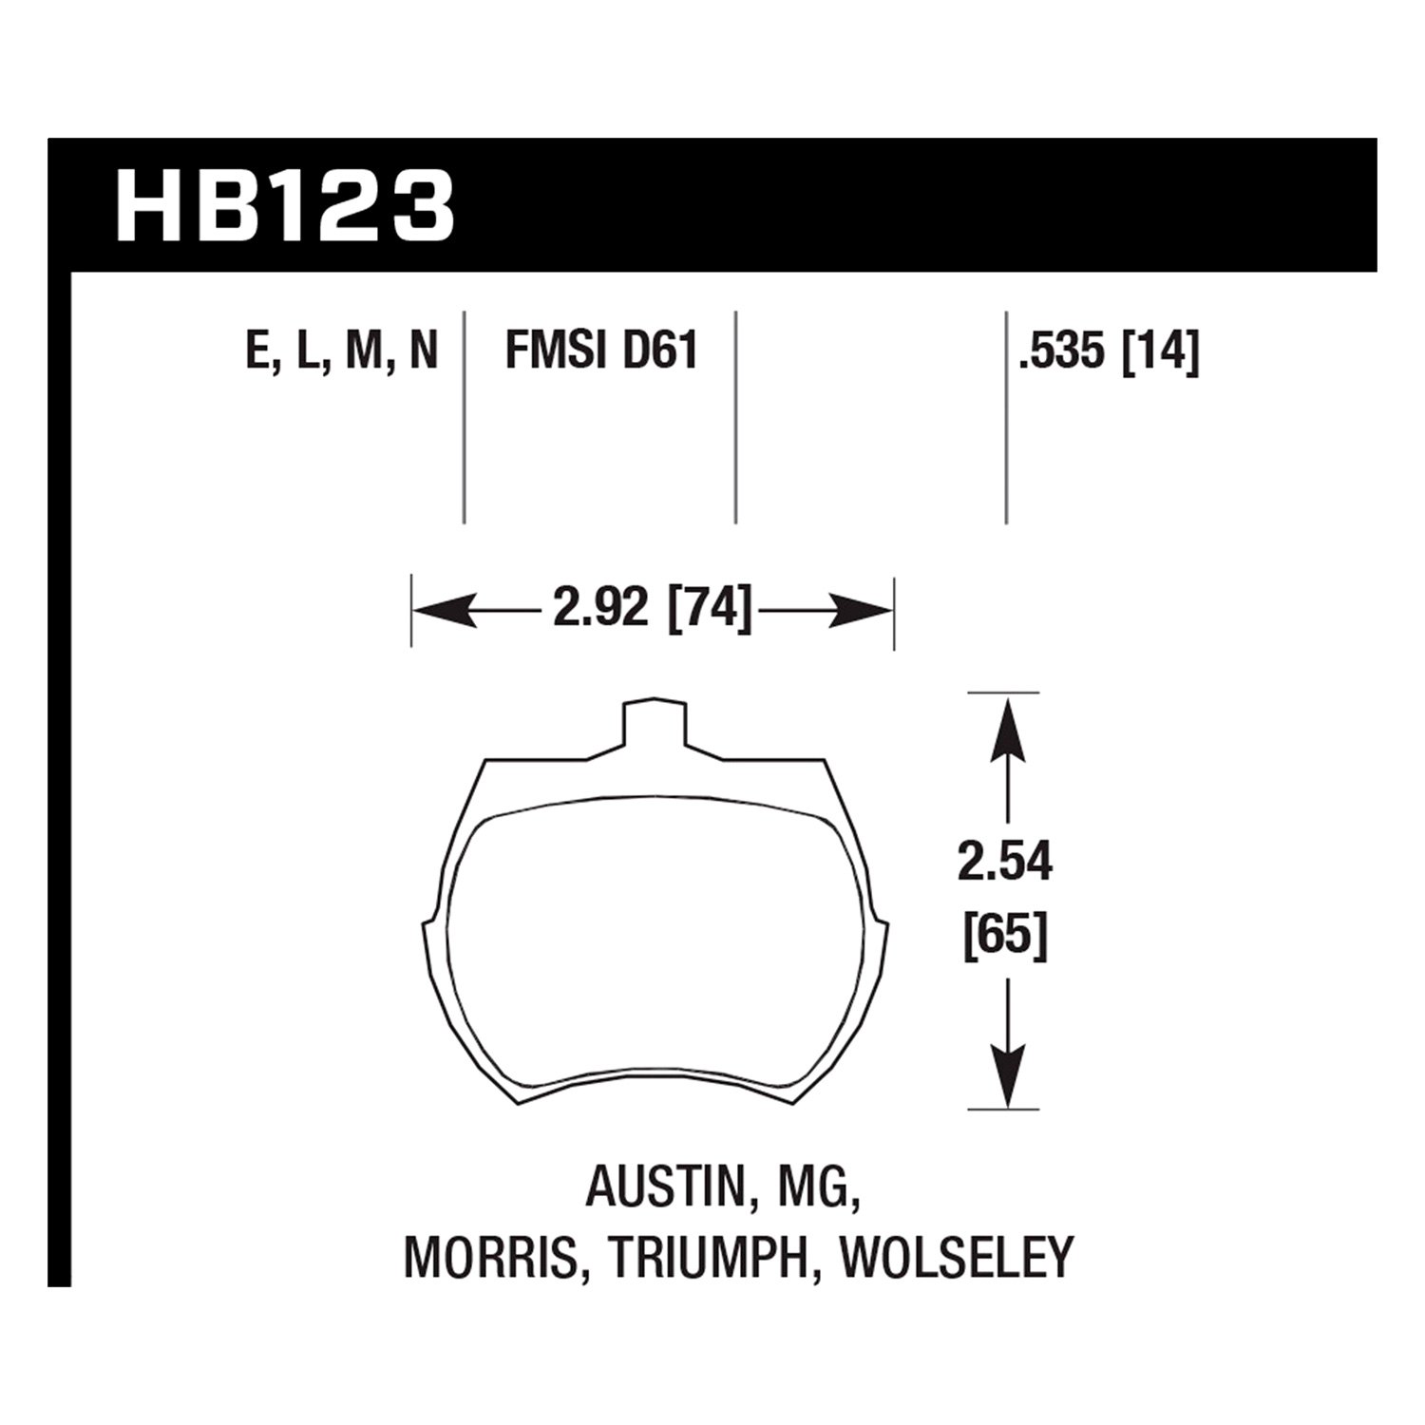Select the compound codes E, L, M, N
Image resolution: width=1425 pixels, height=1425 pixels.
tap(342, 351)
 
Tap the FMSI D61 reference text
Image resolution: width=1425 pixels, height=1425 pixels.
tap(601, 351)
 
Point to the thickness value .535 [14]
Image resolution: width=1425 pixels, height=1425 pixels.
tap(1108, 351)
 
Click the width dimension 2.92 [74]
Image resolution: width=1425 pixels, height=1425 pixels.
tap(652, 609)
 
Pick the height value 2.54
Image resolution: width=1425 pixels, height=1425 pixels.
tap(1005, 864)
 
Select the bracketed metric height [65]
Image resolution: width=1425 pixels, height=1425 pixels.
tap(1005, 936)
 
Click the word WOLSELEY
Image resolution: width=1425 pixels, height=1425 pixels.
tap(957, 1257)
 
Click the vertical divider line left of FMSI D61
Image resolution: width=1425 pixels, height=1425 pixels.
tap(464, 418)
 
